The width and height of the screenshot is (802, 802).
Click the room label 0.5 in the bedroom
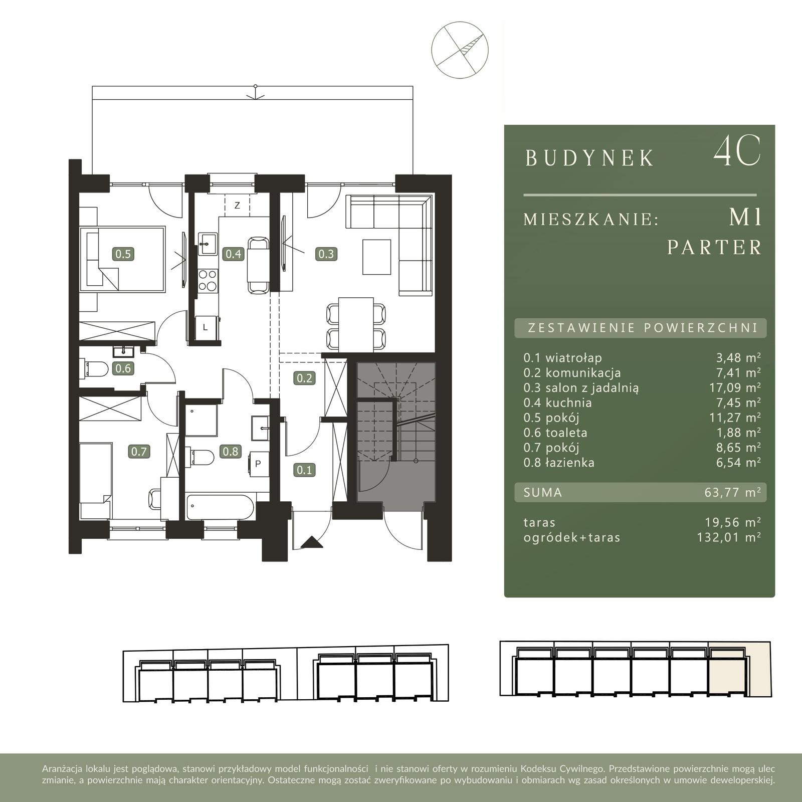click(123, 254)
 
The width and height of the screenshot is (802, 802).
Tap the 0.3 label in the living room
click(326, 254)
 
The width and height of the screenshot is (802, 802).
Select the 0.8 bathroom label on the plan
click(231, 451)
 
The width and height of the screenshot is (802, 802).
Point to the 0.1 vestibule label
click(304, 470)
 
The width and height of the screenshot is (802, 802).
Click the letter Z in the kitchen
click(237, 206)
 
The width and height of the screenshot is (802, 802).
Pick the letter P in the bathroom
click(258, 464)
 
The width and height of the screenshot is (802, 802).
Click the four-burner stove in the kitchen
click(208, 281)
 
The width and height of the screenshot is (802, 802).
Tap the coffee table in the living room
click(376, 257)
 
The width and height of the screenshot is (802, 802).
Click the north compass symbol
click(460, 50)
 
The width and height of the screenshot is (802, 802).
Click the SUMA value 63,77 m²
click(733, 492)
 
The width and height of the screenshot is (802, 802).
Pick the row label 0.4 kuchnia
click(557, 403)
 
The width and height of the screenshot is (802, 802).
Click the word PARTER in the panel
click(714, 247)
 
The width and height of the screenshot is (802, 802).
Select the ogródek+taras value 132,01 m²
click(729, 537)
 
